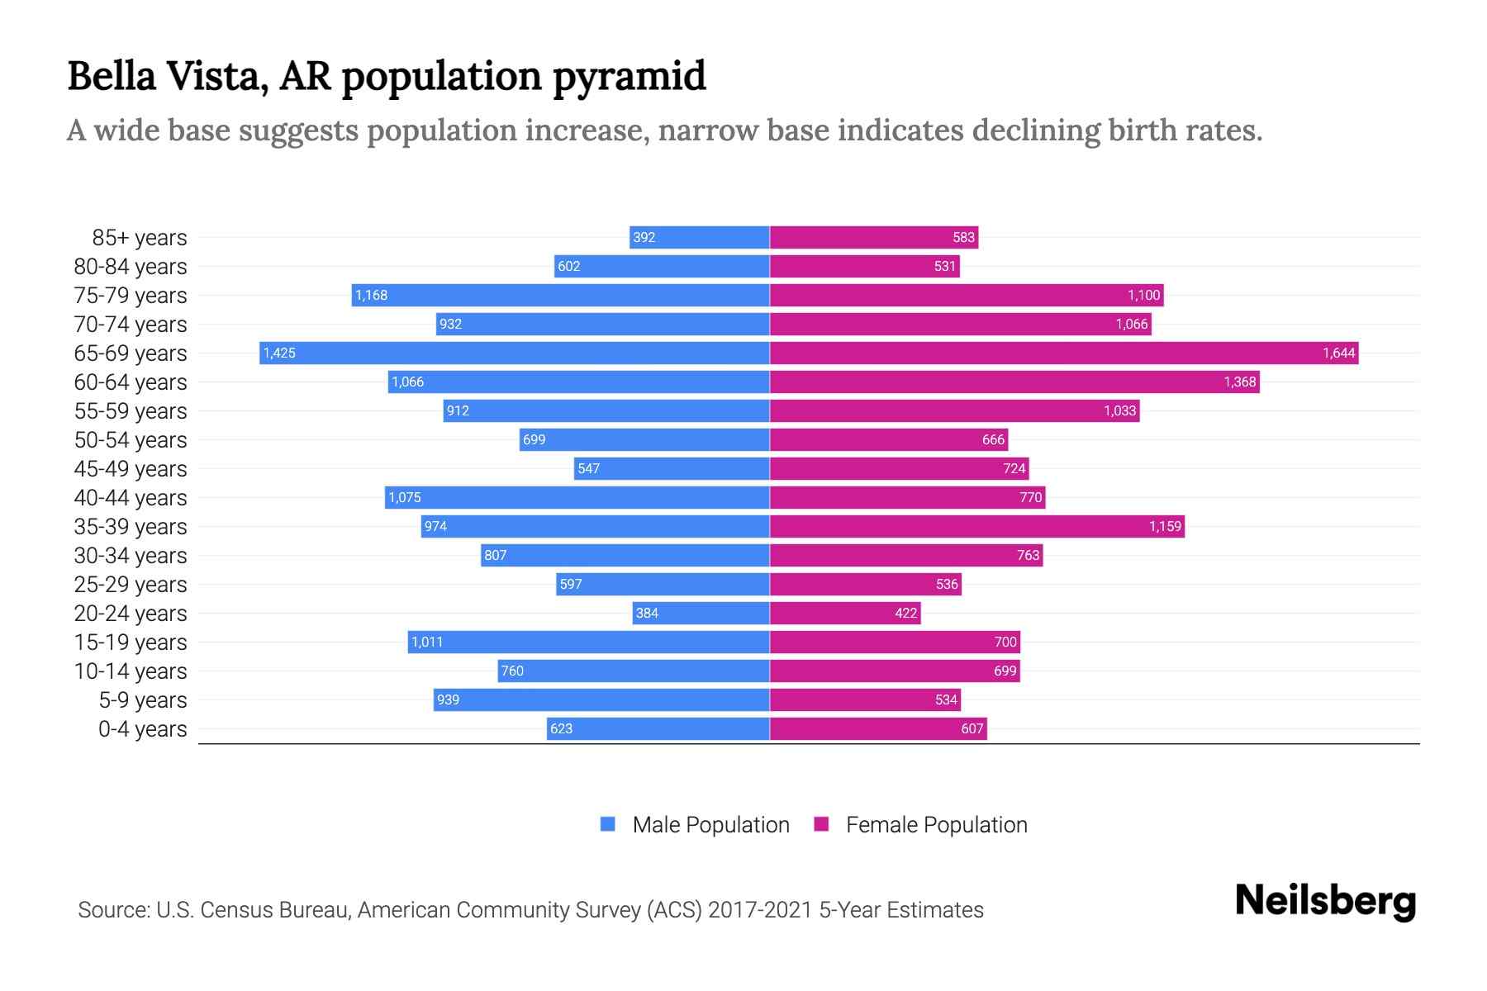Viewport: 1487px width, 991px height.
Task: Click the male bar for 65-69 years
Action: pyautogui.click(x=514, y=353)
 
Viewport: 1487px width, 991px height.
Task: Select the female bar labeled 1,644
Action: pyautogui.click(x=1064, y=353)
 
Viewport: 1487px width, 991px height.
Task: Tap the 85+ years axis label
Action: pyautogui.click(x=140, y=238)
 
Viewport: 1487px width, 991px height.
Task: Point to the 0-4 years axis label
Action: pyautogui.click(x=142, y=729)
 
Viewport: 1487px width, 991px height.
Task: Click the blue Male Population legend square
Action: pyautogui.click(x=608, y=824)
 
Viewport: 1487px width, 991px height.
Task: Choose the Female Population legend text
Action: pyautogui.click(x=936, y=825)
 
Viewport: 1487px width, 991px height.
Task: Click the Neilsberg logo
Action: pyautogui.click(x=1325, y=901)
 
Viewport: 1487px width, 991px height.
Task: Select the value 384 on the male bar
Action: pyautogui.click(x=647, y=614)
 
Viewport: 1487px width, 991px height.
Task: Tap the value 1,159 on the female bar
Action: pyautogui.click(x=1165, y=527)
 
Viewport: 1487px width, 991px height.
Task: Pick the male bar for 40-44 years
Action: pyautogui.click(x=577, y=498)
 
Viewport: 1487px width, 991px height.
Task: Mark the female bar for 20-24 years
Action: pyautogui.click(x=844, y=614)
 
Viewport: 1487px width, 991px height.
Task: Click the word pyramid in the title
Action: pyautogui.click(x=629, y=77)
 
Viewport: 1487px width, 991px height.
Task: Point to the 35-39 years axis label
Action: pyautogui.click(x=131, y=527)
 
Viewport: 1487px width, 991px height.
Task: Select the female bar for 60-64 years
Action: pyautogui.click(x=1014, y=382)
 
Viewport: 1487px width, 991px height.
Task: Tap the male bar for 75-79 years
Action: pyautogui.click(x=560, y=296)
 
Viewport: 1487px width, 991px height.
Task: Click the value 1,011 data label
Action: pyautogui.click(x=427, y=642)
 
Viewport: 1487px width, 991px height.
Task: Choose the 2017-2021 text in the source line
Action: pyautogui.click(x=760, y=910)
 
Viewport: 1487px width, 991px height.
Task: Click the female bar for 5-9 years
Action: pyautogui.click(x=865, y=700)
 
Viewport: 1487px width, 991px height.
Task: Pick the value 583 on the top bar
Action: pyautogui.click(x=963, y=238)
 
